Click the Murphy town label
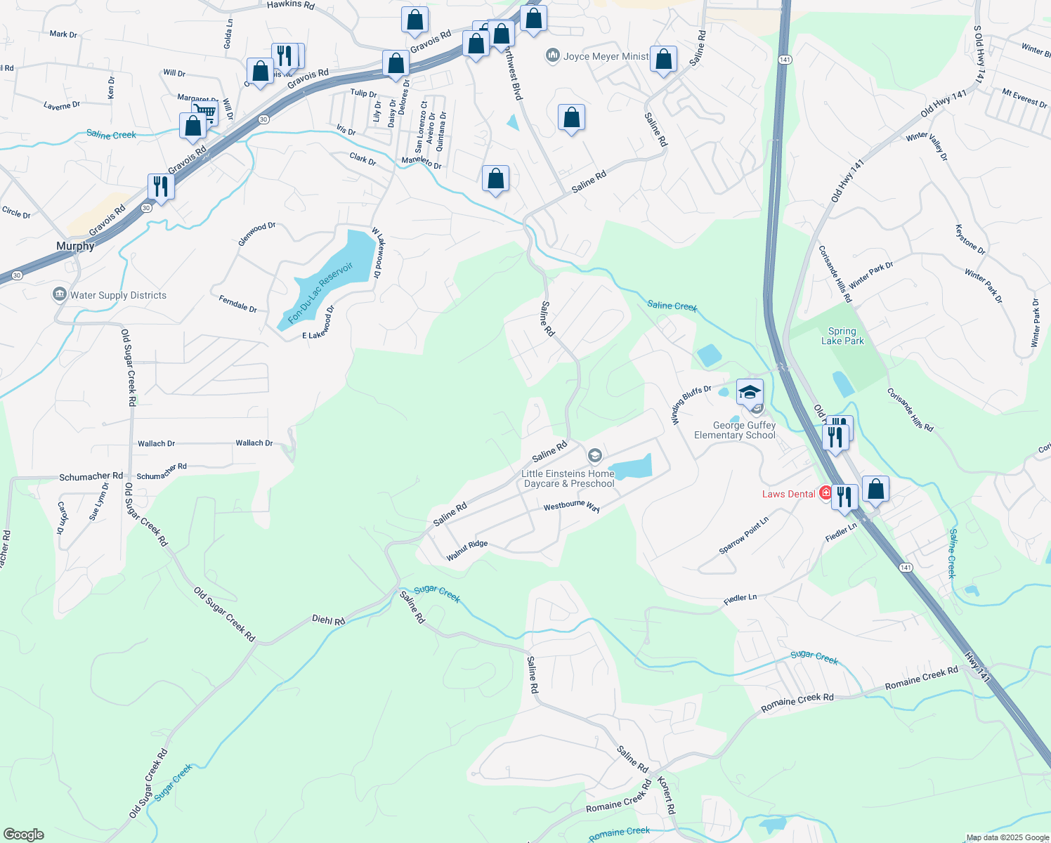(75, 246)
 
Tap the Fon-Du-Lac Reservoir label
(320, 292)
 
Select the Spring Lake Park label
(842, 336)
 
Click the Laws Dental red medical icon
(825, 493)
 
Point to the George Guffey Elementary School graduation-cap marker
(750, 392)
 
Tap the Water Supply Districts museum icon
(60, 294)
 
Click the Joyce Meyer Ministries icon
(553, 55)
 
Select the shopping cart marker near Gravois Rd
(205, 112)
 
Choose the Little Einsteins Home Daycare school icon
(594, 457)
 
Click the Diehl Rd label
(328, 620)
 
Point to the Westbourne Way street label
(571, 506)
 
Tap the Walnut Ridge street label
(466, 550)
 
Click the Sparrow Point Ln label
(743, 535)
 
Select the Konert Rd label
(666, 795)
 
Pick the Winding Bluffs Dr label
(691, 404)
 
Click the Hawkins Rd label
(291, 5)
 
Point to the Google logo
(23, 834)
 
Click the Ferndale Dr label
(237, 304)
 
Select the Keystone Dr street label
(970, 240)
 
